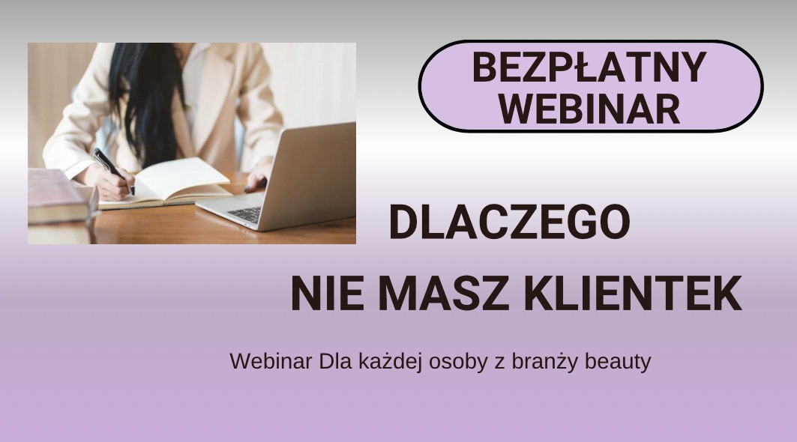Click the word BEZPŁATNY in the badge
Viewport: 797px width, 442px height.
point(589,68)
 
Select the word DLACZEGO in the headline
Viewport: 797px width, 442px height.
point(510,222)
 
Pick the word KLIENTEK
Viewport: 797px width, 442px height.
point(631,294)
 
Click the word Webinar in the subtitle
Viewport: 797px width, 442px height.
point(271,361)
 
